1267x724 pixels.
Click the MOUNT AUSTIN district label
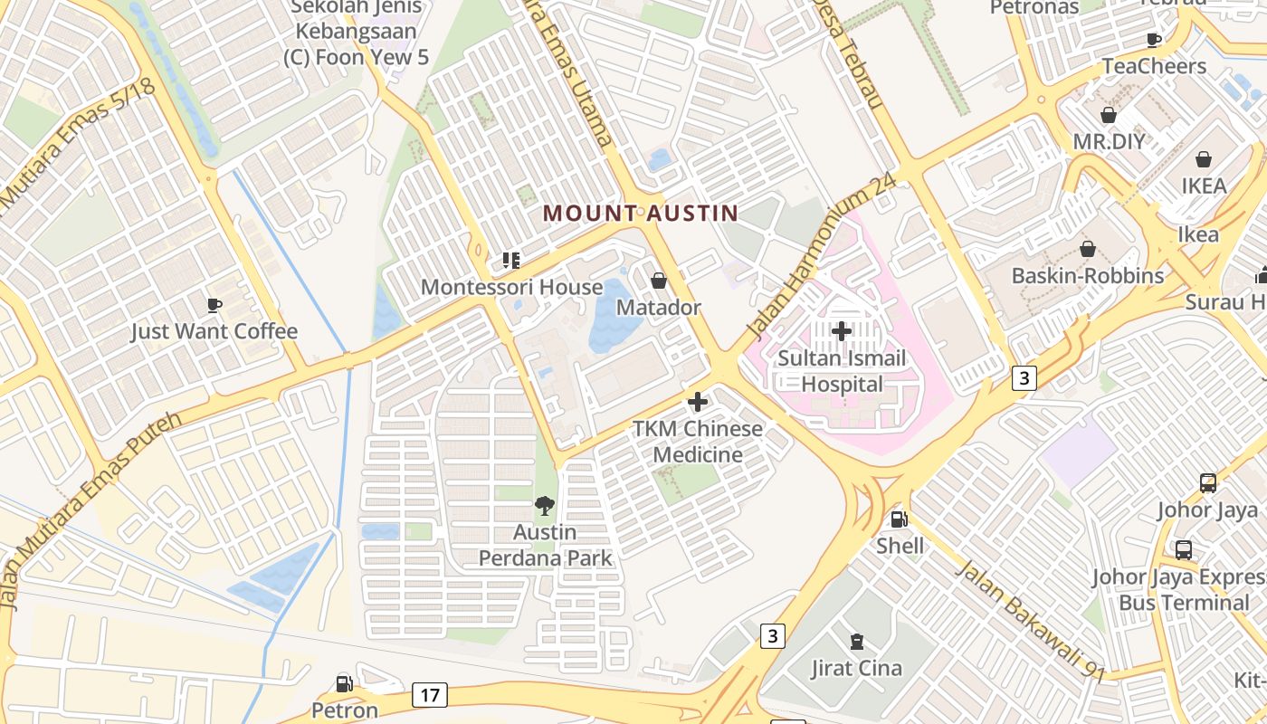click(x=640, y=214)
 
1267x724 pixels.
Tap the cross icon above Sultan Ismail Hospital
click(x=842, y=331)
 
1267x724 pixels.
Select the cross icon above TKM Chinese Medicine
click(x=698, y=401)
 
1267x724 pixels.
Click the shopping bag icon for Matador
click(x=659, y=281)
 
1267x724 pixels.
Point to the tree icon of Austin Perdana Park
click(x=544, y=505)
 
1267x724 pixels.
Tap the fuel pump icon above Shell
click(x=899, y=519)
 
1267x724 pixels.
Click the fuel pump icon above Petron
click(x=344, y=683)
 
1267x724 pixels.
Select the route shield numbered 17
click(x=429, y=695)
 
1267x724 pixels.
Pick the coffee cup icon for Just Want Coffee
click(x=214, y=305)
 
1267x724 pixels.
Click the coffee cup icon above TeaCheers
click(x=1153, y=40)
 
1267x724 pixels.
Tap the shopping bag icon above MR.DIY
click(x=1109, y=115)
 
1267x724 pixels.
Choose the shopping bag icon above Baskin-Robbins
click(x=1088, y=249)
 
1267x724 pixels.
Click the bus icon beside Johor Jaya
click(x=1208, y=482)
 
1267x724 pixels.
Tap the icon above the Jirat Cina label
click(x=856, y=642)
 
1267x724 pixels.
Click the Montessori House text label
click(x=511, y=288)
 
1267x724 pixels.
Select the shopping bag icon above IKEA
click(x=1204, y=159)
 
